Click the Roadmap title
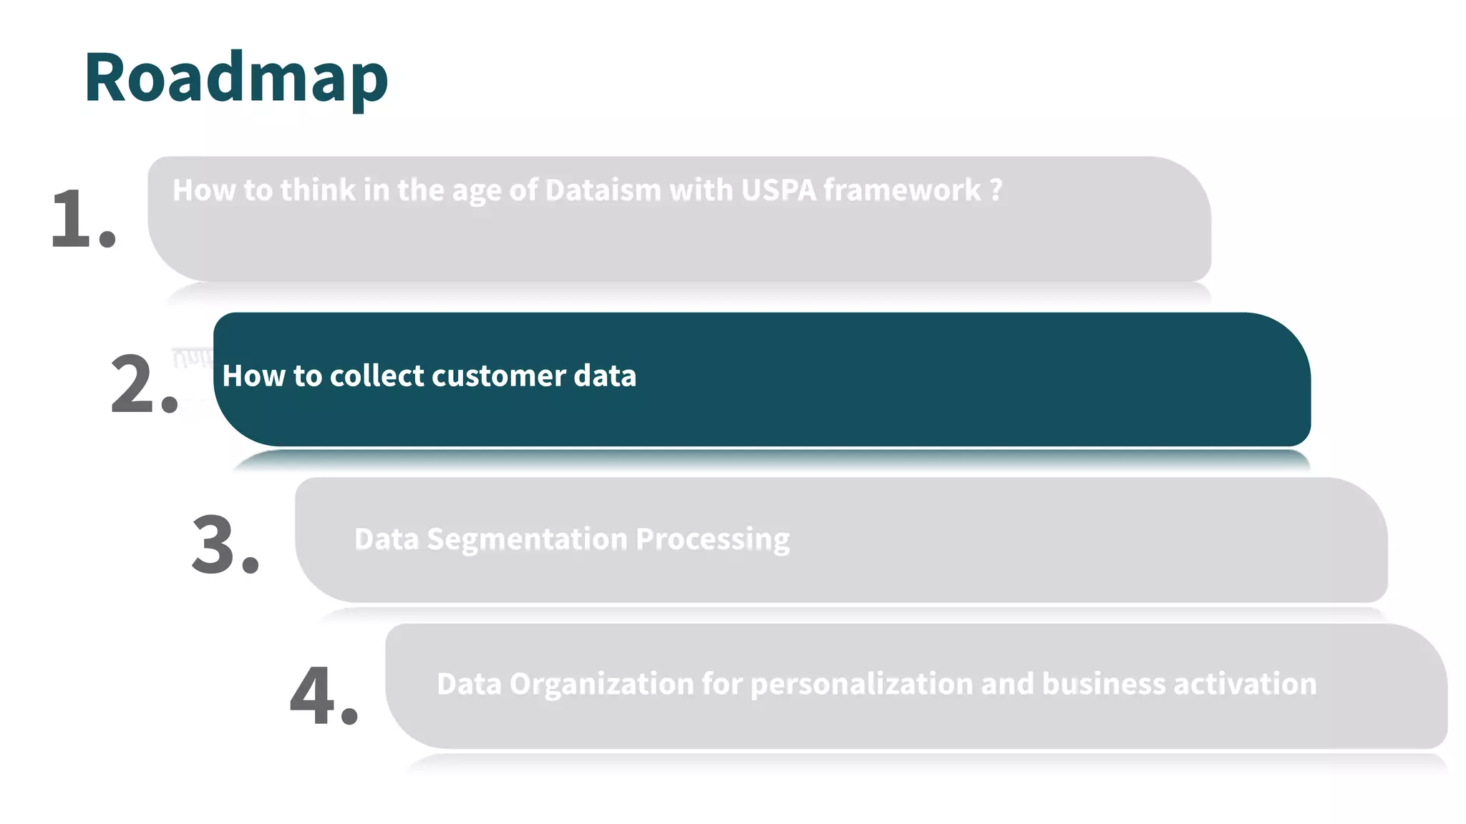pos(236,77)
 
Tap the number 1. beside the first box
pos(82,218)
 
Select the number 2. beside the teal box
pos(143,385)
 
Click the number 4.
pos(324,696)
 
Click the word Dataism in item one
pos(603,190)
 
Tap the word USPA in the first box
pos(778,190)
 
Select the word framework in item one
pos(902,190)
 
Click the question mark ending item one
pos(996,190)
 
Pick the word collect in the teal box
pos(377,376)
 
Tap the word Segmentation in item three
pos(527,539)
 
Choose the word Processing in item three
pos(712,539)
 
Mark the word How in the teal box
pos(243,376)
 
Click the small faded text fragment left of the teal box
pos(191,358)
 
